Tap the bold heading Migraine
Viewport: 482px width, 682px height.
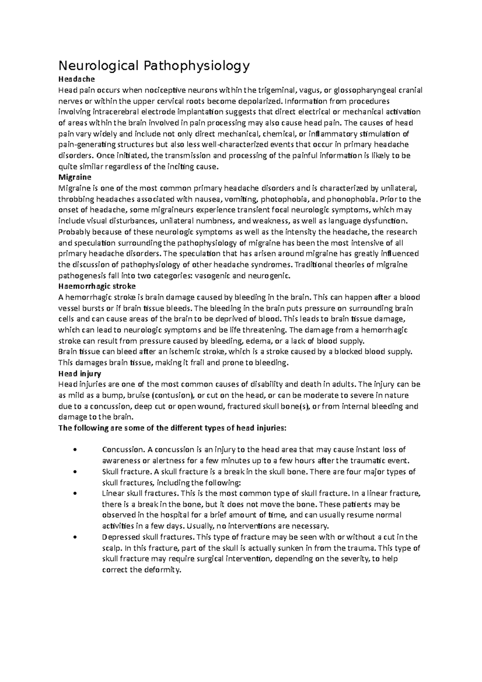(75, 177)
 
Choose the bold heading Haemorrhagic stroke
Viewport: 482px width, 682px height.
(97, 286)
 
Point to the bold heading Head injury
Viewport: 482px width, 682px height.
(80, 374)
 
